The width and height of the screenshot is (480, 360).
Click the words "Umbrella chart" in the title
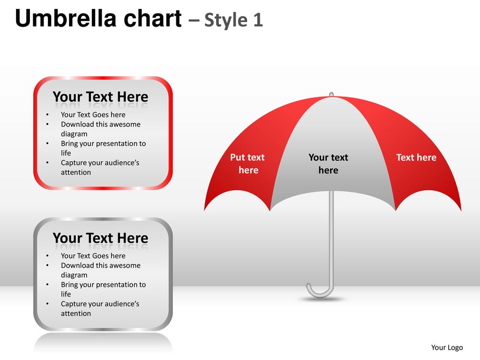98,19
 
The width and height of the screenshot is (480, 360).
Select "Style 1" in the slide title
233,20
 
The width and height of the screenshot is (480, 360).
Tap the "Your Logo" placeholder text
447,347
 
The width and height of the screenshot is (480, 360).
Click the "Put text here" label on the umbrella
247,164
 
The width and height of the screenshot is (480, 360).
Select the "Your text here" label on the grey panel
328,164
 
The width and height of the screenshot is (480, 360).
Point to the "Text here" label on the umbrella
416,157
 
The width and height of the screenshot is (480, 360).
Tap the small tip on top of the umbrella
331,95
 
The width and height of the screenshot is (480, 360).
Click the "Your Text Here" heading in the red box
100,97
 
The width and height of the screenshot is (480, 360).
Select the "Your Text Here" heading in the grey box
100,238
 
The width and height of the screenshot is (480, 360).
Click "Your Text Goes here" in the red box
93,115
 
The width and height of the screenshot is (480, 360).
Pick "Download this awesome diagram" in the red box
100,129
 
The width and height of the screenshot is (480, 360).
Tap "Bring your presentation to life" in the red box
103,148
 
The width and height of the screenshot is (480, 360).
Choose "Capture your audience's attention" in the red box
100,167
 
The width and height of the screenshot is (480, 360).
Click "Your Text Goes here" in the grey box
93,256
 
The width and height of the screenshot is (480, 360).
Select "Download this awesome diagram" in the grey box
100,270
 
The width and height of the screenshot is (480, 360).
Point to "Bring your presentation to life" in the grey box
103,289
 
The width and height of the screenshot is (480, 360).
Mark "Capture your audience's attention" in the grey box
100,308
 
